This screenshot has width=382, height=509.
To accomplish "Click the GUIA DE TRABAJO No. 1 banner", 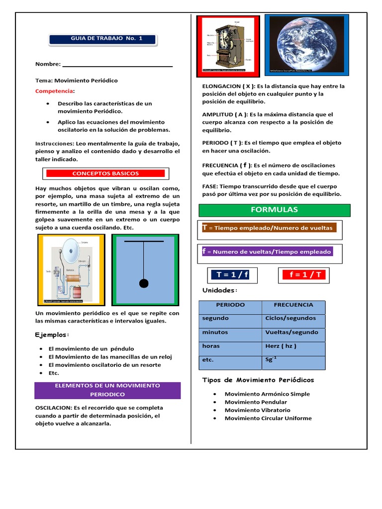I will pyautogui.click(x=103, y=39).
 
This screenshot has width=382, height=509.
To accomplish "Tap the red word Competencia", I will pyautogui.click(x=54, y=91).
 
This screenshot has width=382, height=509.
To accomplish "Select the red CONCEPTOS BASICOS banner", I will pyautogui.click(x=105, y=173).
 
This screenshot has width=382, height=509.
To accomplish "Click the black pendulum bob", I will pyautogui.click(x=144, y=283).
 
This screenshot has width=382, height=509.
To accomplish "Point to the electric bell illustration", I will pyautogui.click(x=71, y=269).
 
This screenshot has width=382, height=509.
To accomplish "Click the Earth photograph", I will pyautogui.click(x=306, y=44).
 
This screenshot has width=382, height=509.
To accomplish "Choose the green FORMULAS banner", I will pyautogui.click(x=275, y=210).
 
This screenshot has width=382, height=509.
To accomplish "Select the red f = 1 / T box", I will pyautogui.click(x=302, y=274).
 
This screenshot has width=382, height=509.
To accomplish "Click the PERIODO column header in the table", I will pyautogui.click(x=230, y=305).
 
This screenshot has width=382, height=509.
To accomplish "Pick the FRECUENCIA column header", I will pyautogui.click(x=293, y=305).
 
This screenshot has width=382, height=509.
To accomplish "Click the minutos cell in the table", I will pyautogui.click(x=215, y=332).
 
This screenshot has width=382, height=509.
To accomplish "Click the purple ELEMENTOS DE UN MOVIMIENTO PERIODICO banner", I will pyautogui.click(x=107, y=390).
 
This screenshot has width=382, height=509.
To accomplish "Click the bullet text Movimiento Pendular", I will pyautogui.click(x=256, y=402).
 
